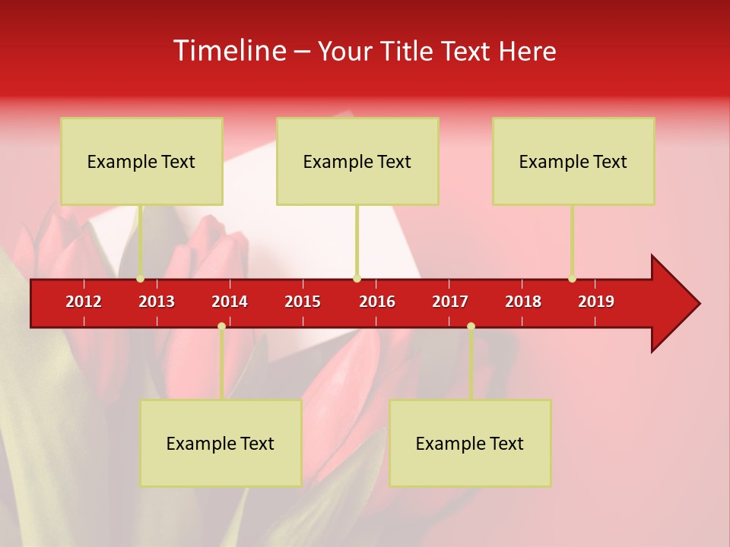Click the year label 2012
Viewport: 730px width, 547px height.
84,302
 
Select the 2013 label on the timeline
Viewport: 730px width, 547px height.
157,302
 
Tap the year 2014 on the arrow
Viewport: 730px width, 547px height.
230,302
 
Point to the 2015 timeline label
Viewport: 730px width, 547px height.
303,302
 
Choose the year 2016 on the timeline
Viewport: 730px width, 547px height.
377,302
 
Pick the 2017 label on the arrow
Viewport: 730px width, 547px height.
450,302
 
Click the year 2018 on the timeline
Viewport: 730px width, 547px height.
523,302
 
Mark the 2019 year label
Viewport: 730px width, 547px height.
596,302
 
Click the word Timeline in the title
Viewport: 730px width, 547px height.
228,51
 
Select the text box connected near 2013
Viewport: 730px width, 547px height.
141,161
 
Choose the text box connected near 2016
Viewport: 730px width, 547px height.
357,161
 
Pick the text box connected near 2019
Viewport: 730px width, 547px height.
573,161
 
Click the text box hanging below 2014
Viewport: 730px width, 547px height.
221,443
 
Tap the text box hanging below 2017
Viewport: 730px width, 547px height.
470,443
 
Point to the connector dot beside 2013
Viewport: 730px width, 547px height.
140,279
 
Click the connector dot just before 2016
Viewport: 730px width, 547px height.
357,279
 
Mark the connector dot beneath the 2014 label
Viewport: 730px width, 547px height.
221,327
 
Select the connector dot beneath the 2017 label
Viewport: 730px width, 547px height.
471,327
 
